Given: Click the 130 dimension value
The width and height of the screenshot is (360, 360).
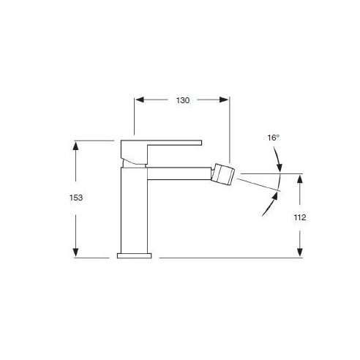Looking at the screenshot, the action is click(x=183, y=100).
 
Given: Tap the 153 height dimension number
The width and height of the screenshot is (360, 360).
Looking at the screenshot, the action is click(x=76, y=198).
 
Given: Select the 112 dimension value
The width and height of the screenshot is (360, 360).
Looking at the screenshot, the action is click(x=300, y=217).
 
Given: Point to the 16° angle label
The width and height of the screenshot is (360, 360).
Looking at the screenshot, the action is click(x=273, y=138).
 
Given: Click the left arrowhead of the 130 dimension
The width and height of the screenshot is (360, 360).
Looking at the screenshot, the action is click(x=140, y=100).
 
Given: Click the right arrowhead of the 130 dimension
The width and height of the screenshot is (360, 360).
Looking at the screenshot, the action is click(x=224, y=100).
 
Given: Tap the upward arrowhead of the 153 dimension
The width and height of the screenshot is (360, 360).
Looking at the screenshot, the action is click(x=75, y=146).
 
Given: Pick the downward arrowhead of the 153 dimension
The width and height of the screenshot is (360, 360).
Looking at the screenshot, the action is click(x=75, y=252).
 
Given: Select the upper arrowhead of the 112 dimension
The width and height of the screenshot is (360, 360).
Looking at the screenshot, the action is click(x=300, y=179).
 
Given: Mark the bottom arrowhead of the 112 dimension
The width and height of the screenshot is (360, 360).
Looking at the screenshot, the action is click(x=300, y=252).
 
